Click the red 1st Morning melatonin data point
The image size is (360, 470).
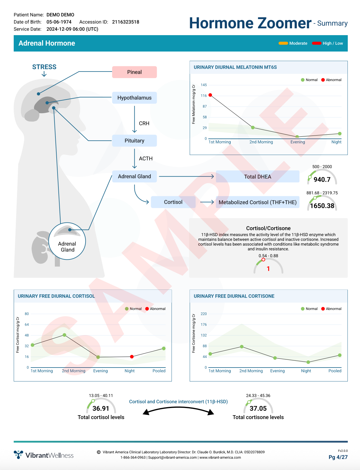210,95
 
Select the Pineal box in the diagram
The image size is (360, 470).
134,72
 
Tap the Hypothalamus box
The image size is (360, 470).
134,98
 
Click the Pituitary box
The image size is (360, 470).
134,141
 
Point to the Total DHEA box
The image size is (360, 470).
257,177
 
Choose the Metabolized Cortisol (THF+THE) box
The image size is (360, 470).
257,202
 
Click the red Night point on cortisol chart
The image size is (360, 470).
132,357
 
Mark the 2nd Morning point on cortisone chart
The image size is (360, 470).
242,347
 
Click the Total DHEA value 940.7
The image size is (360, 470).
322,180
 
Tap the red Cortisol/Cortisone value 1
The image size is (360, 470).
268,269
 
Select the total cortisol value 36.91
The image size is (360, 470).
101,408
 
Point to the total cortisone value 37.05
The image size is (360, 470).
258,408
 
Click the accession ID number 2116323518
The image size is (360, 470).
125,22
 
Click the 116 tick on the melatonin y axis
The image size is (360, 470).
204,96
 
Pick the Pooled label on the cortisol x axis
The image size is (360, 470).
159,371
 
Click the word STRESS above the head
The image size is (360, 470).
44,67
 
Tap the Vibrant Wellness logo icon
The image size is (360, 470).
18,455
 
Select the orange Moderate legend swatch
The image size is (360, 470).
283,43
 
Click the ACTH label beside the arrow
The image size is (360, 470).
146,159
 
